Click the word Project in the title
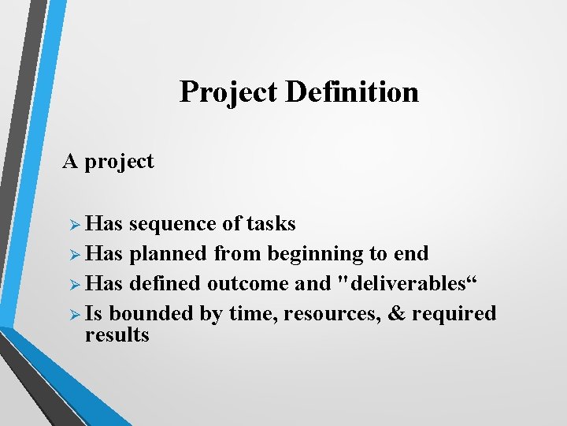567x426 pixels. point(229,92)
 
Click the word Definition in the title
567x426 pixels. point(352,92)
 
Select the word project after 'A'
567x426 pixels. point(119,162)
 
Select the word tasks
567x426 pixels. point(271,224)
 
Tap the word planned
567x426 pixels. point(169,254)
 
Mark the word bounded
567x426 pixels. point(152,314)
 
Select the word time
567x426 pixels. point(252,314)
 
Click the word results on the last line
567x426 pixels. point(117,335)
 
